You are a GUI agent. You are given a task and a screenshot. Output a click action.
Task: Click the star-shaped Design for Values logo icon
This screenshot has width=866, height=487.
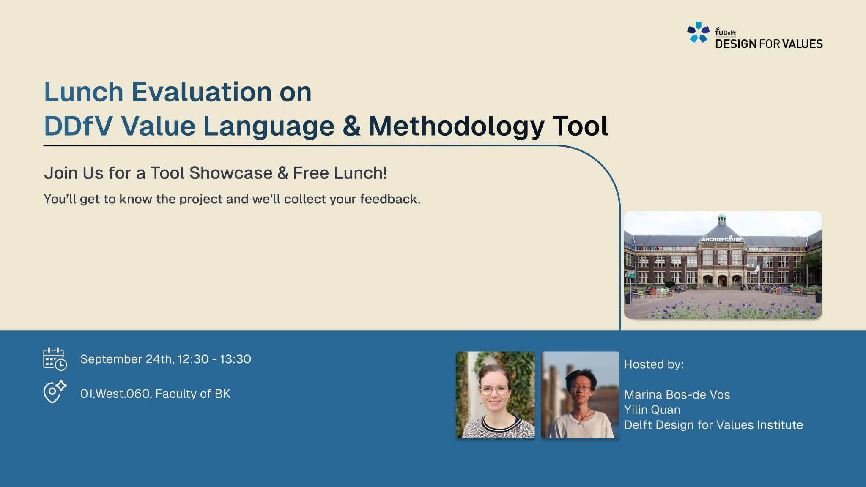(x=699, y=33)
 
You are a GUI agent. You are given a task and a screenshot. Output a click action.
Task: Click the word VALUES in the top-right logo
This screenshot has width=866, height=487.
(x=803, y=44)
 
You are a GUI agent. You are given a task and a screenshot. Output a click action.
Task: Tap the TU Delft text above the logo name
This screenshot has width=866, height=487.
(x=726, y=32)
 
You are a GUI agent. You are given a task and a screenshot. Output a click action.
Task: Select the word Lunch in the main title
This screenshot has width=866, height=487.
(x=84, y=92)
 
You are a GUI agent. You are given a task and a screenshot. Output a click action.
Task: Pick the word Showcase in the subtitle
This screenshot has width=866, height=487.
(x=231, y=173)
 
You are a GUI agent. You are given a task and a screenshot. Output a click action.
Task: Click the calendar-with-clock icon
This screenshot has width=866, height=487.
(x=55, y=359)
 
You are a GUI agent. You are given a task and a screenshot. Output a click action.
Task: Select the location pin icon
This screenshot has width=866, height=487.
(x=55, y=391)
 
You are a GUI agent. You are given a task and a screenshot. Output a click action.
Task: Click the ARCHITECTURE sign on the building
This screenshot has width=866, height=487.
(x=722, y=239)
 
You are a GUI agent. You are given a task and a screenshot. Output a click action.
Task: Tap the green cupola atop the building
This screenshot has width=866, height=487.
(x=722, y=219)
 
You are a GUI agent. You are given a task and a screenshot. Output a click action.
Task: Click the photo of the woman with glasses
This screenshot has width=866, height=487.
(x=495, y=394)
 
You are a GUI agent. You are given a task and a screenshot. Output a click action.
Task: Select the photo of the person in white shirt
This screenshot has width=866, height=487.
(x=580, y=394)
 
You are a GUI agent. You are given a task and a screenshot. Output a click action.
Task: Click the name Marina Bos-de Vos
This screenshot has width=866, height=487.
(x=677, y=394)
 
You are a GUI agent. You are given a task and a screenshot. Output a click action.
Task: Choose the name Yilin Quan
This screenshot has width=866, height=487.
(x=652, y=410)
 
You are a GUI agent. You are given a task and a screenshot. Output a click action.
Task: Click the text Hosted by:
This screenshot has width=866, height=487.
(x=654, y=364)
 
